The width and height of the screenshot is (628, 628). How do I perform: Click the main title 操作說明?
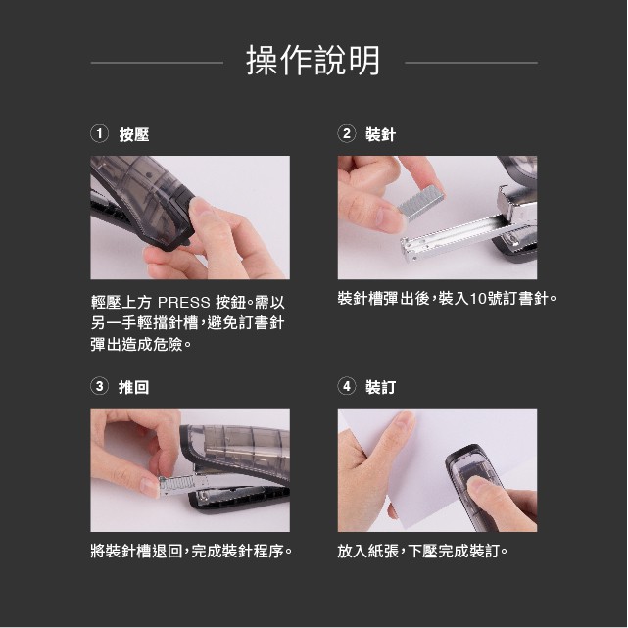[313, 61]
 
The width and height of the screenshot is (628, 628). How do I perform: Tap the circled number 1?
[99, 134]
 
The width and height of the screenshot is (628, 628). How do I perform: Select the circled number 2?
[347, 134]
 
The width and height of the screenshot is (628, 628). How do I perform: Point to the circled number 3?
[99, 386]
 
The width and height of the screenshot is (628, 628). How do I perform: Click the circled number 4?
[347, 386]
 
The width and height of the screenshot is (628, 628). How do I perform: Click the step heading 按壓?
[134, 134]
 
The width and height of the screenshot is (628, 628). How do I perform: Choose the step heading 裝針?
[381, 134]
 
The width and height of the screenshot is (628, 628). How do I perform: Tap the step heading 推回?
[134, 387]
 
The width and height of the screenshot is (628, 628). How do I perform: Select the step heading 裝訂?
[381, 387]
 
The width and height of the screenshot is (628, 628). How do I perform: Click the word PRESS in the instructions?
[184, 303]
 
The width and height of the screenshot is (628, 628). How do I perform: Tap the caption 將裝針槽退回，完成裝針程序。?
[191, 552]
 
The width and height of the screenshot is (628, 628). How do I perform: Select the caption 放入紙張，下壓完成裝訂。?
[422, 552]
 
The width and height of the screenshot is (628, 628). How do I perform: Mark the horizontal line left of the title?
[157, 63]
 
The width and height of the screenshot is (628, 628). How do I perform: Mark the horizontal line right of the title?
[471, 63]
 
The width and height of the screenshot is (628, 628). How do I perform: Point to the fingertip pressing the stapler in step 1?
[200, 209]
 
